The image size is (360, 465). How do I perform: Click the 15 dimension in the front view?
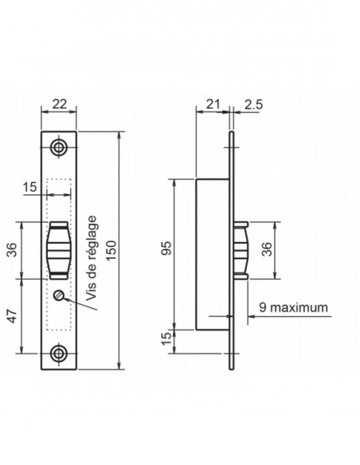pyautogui.click(x=31, y=187)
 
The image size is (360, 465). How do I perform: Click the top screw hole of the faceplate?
pyautogui.click(x=59, y=147)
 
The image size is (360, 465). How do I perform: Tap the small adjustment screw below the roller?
pyautogui.click(x=59, y=295)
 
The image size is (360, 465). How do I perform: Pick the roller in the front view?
pyautogui.click(x=59, y=250)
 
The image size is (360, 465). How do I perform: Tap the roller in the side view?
pyautogui.click(x=242, y=250)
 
